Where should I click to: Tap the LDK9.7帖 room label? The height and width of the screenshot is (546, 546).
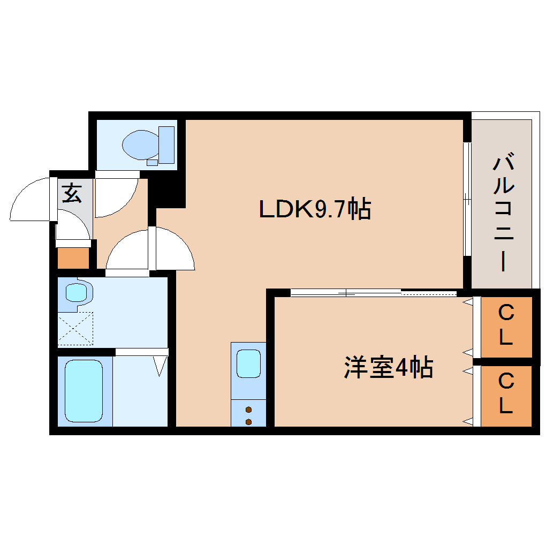coord(315,209)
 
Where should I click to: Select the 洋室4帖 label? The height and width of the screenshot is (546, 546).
coord(388,368)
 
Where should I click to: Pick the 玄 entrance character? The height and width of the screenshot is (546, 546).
coord(72,193)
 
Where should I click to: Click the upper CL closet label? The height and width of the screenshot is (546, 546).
coord(506,325)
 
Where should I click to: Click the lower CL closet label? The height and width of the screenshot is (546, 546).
coord(506,395)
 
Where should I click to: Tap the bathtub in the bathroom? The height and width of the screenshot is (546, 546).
coord(84,390)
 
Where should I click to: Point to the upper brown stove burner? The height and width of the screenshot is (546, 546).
coord(248,410)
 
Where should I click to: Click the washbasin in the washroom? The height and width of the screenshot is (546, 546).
coord(76,292)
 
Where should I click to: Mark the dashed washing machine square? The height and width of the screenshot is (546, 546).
coord(75,328)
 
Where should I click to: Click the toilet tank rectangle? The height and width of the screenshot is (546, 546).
coord(167,145)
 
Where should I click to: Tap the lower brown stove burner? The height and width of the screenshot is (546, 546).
coord(248,421)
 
